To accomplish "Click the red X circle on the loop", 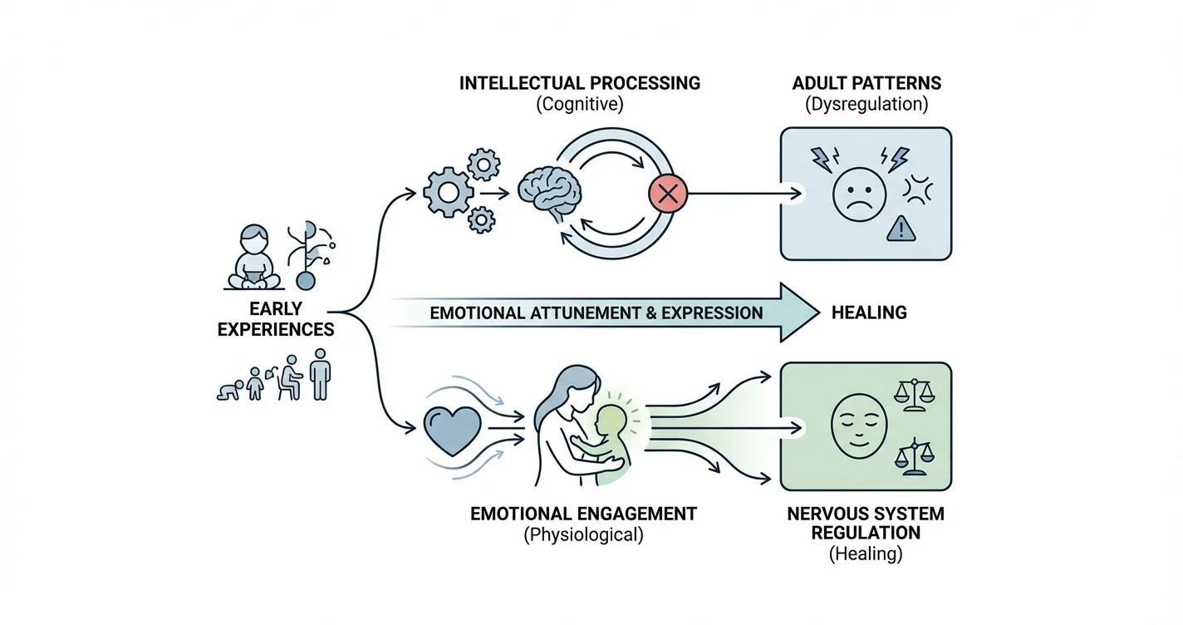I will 667,194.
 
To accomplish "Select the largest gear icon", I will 449,193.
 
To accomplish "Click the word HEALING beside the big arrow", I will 869,313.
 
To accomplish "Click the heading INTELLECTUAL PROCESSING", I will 580,83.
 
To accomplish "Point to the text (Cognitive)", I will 580,105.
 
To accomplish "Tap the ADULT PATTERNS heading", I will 867,83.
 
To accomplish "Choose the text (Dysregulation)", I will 867,105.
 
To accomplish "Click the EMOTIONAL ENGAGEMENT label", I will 583,514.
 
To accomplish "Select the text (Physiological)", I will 583,535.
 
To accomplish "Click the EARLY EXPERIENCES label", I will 276,319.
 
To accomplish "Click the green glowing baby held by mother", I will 611,432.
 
